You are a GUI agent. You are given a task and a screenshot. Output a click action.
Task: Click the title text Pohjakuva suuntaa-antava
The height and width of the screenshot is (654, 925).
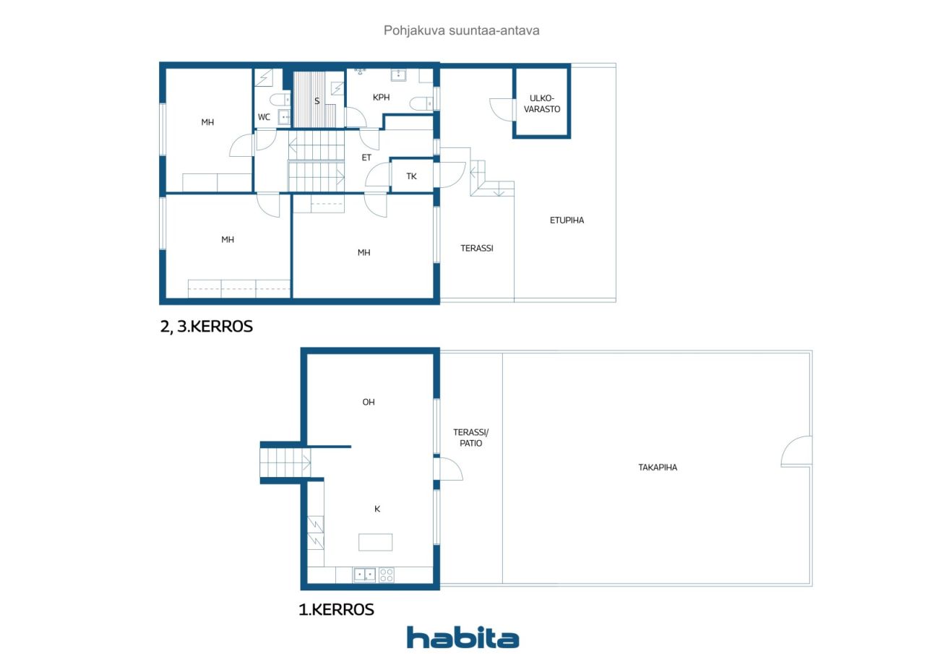tap(461, 31)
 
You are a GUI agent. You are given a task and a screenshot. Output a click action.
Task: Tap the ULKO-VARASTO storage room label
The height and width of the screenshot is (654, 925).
tap(542, 103)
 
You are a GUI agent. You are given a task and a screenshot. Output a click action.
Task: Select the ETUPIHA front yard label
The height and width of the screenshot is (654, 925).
tap(567, 220)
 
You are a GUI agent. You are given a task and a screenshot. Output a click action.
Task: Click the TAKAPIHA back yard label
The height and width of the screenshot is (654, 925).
tap(658, 468)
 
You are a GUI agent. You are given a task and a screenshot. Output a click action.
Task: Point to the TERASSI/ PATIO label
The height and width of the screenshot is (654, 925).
tap(467, 438)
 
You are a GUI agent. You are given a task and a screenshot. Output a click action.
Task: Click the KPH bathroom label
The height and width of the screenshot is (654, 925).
tap(381, 97)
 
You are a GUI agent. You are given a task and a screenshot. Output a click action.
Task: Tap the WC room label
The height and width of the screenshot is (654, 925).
tap(264, 117)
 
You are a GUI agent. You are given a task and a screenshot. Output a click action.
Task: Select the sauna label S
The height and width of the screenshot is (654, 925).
tap(317, 101)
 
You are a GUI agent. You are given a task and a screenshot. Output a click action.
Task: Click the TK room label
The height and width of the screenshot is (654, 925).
tap(411, 176)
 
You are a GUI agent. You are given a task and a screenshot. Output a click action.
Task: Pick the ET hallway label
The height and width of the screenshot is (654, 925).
tap(366, 157)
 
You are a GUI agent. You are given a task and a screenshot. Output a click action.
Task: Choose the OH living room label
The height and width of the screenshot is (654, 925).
tap(369, 403)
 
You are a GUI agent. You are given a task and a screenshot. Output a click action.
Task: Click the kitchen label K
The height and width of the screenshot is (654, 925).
tap(377, 509)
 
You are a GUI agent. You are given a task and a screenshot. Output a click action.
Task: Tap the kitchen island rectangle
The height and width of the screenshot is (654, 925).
tap(376, 542)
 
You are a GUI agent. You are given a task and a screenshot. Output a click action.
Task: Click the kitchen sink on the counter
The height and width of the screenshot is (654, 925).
tap(364, 575)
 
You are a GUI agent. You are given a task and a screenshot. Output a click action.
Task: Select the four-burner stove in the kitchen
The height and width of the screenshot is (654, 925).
tap(387, 575)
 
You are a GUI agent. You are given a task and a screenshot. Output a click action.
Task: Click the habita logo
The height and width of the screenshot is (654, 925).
tap(462, 637)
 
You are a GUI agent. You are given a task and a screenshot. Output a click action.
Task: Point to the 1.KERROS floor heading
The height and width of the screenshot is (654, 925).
tap(336, 610)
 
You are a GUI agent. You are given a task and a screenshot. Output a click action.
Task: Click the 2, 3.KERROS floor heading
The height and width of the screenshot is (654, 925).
tap(207, 327)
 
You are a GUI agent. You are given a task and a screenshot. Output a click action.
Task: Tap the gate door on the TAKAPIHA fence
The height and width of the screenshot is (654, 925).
tap(798, 452)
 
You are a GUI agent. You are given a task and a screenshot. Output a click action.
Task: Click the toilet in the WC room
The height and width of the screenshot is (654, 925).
tap(277, 100)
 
